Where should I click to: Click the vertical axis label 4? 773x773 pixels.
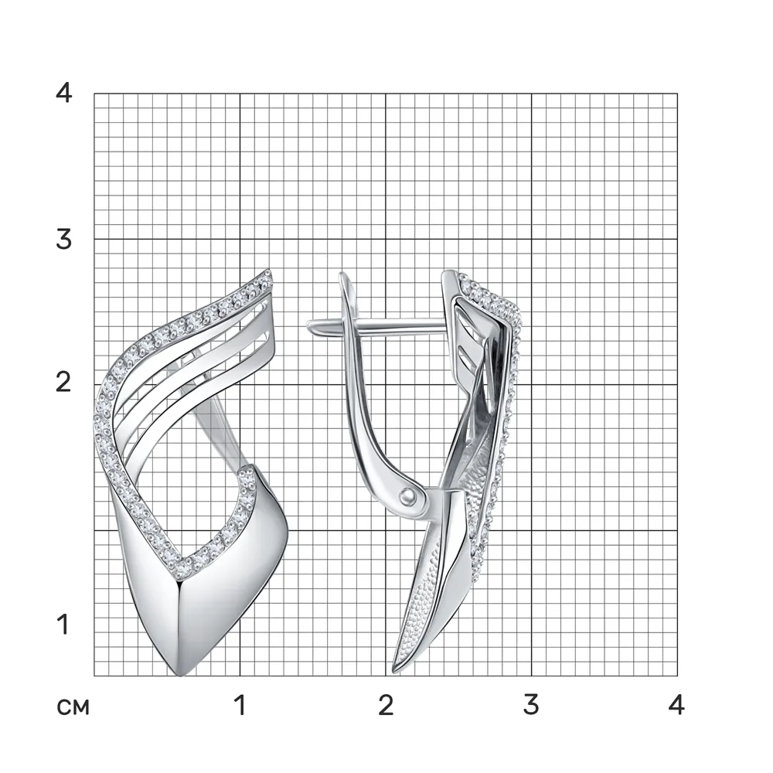click(64, 92)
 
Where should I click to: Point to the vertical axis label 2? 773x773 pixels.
click(63, 382)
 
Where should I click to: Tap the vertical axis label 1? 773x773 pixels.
click(63, 624)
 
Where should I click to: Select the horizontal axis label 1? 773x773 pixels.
click(240, 705)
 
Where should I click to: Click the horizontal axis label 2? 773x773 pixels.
click(386, 705)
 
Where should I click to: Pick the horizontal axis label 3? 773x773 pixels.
click(531, 705)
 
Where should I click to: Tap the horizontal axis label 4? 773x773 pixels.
click(677, 705)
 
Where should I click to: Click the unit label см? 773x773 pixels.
click(73, 708)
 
